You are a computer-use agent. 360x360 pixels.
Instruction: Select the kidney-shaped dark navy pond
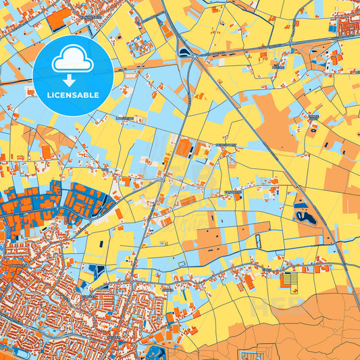pyautogui.click(x=305, y=217)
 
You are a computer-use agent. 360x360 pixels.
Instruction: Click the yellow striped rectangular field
pyautogui.click(x=290, y=278)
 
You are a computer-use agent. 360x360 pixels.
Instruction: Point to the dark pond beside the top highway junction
pyautogui.click(x=184, y=52)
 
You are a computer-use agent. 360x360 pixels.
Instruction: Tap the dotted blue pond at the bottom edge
pyautogui.click(x=157, y=352)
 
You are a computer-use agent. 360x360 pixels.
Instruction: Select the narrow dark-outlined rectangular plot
pyautogui.click(x=256, y=244)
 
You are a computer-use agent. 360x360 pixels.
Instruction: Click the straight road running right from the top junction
pyautogui.click(x=270, y=48)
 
